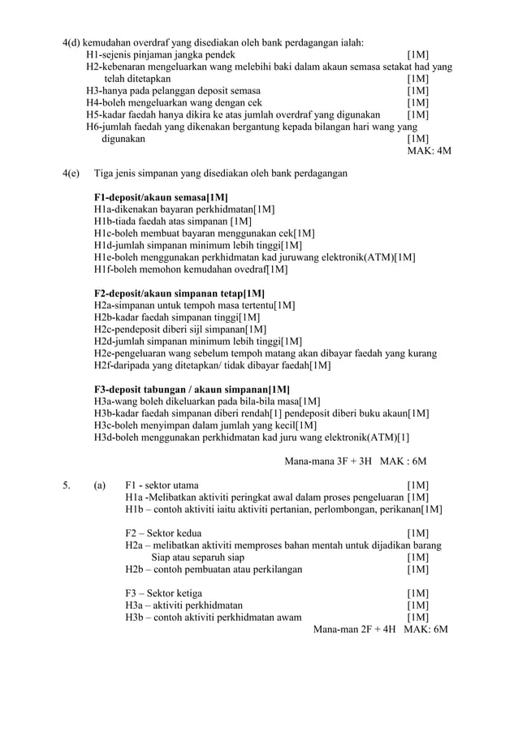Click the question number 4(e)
tap(71, 173)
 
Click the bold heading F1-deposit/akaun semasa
tap(160, 197)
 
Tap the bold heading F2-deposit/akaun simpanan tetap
tap(179, 293)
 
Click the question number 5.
tap(66, 485)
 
